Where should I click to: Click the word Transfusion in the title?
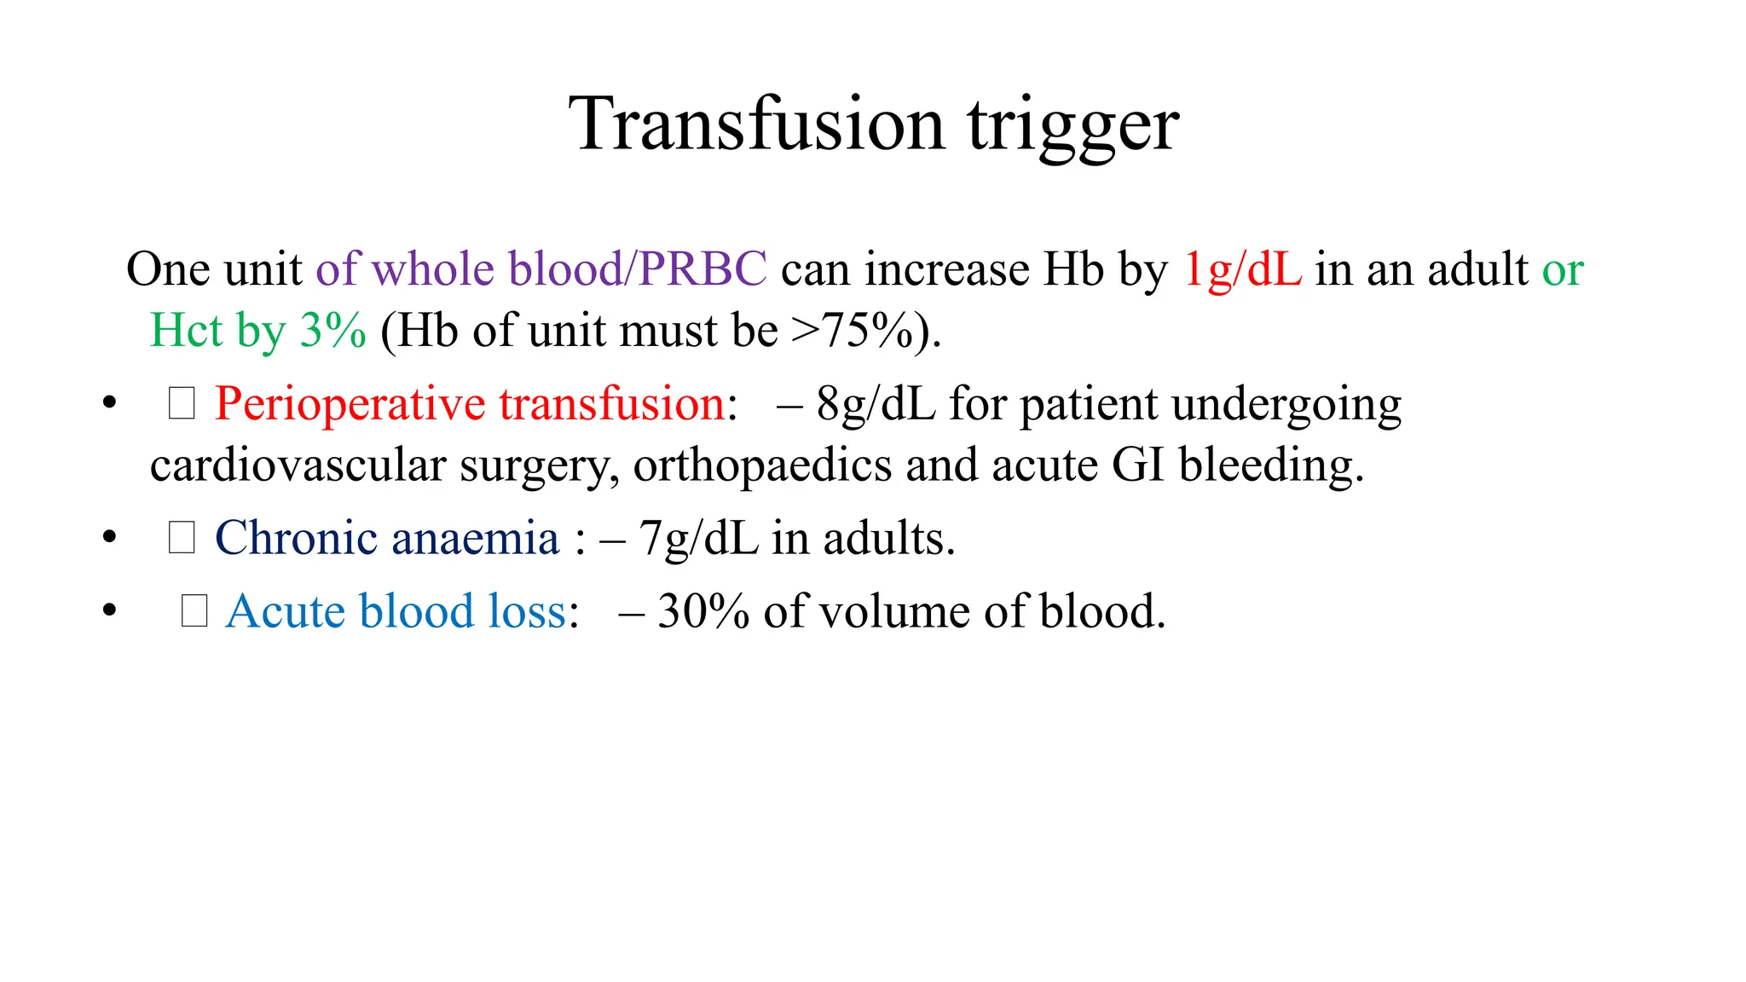(x=757, y=124)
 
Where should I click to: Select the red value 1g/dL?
(x=1243, y=269)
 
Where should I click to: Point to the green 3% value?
(x=333, y=331)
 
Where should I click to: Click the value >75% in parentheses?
(x=853, y=331)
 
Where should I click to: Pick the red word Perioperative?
(x=349, y=404)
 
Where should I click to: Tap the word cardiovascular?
(x=298, y=465)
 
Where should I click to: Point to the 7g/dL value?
(x=698, y=539)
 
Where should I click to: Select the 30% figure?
(x=703, y=611)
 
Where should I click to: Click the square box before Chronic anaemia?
(x=182, y=538)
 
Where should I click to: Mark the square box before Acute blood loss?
(x=194, y=611)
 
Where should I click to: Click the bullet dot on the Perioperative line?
(x=109, y=402)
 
